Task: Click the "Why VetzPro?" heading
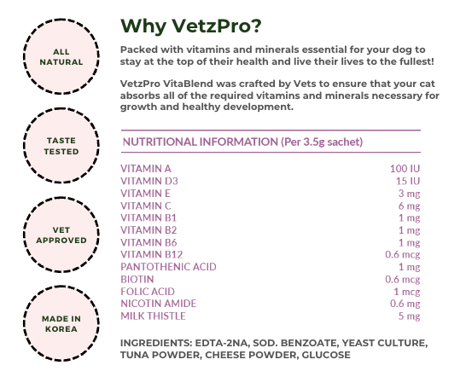tap(191, 26)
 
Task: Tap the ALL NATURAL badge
tap(61, 56)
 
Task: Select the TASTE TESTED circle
tap(61, 146)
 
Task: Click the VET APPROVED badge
tap(61, 235)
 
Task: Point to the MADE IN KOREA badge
tap(61, 323)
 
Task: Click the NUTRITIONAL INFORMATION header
tap(242, 142)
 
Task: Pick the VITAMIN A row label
tap(146, 169)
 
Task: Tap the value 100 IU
tap(405, 169)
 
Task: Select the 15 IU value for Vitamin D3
tap(408, 181)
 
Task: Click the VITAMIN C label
tap(146, 206)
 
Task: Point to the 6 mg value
tap(409, 206)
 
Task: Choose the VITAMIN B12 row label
tap(152, 254)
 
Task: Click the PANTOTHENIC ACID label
tap(168, 267)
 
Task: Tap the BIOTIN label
tap(137, 279)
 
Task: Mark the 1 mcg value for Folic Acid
tap(407, 292)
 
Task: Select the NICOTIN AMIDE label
tap(159, 304)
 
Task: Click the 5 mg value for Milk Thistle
tap(409, 316)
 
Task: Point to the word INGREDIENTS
tap(156, 343)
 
